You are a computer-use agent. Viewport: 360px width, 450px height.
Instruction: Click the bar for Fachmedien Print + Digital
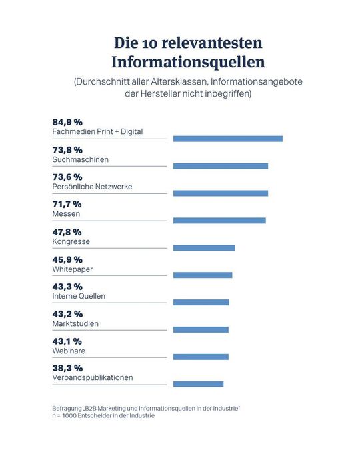(227, 139)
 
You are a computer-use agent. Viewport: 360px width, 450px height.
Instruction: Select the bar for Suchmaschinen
(220, 166)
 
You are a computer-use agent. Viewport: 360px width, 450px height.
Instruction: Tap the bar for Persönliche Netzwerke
(220, 193)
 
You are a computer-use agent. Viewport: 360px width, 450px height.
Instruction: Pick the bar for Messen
(219, 221)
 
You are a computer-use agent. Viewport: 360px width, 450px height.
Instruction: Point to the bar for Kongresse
(203, 248)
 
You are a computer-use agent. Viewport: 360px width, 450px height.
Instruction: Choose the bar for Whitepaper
(203, 275)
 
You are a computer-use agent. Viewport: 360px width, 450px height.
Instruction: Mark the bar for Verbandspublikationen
(198, 384)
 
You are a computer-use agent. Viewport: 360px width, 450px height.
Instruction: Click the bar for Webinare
(201, 357)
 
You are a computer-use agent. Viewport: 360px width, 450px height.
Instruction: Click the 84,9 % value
(67, 122)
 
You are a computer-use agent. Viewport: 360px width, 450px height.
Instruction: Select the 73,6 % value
(67, 177)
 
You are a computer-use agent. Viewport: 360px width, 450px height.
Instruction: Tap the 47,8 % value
(67, 231)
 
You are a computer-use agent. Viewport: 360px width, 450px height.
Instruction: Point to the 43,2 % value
(67, 313)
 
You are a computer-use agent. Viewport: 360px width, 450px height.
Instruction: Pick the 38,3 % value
(67, 368)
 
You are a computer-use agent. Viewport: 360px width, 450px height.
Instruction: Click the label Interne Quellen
(79, 296)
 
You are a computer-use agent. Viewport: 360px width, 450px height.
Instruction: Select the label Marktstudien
(75, 323)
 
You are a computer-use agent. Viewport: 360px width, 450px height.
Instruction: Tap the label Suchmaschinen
(80, 160)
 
